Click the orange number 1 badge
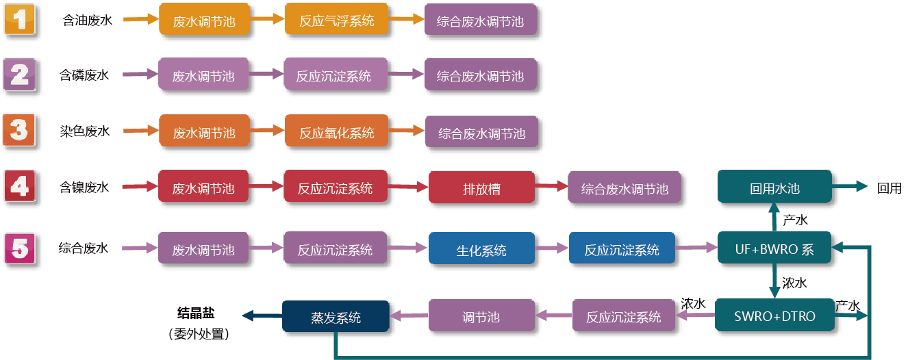[x=20, y=19]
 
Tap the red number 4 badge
[x=20, y=185]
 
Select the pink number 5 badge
[x=20, y=248]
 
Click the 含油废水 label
[x=84, y=21]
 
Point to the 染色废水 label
[x=84, y=131]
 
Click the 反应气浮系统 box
[x=336, y=21]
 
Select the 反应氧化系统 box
[x=336, y=132]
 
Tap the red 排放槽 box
[x=481, y=188]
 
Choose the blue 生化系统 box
[x=481, y=250]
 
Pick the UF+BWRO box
[x=774, y=249]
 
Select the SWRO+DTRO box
[x=774, y=317]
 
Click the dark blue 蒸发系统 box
[x=336, y=318]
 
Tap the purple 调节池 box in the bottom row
[x=481, y=317]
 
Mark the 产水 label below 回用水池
[x=795, y=220]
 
